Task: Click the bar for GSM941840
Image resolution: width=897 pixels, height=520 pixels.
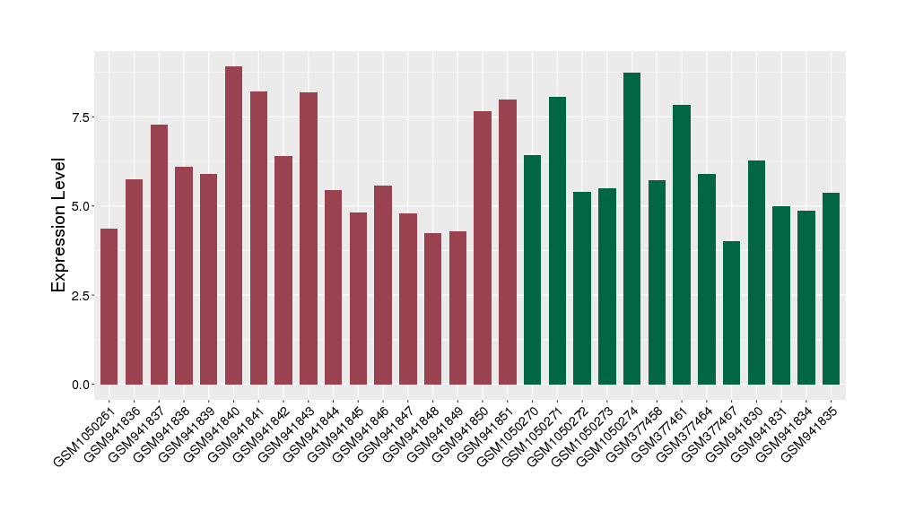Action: coord(233,225)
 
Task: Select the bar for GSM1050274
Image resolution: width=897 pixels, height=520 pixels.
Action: coord(631,229)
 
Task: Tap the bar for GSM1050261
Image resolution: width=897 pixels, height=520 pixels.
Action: coord(109,307)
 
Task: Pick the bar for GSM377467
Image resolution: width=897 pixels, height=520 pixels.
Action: coord(731,313)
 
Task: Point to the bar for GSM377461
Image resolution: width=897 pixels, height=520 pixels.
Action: coord(682,245)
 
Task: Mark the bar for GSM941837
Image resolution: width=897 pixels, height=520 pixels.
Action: coord(159,255)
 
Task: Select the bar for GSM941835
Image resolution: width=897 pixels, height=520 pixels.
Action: coord(831,289)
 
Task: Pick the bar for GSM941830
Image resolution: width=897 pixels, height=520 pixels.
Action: coord(756,273)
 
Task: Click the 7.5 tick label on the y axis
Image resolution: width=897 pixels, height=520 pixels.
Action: coord(82,117)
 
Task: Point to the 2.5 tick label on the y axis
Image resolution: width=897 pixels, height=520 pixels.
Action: coord(82,296)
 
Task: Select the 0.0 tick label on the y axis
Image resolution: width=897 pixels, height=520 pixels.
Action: coord(82,385)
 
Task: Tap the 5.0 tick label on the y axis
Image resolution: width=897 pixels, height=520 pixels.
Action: coord(82,206)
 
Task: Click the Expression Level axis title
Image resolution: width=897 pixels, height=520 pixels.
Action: coord(59,225)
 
